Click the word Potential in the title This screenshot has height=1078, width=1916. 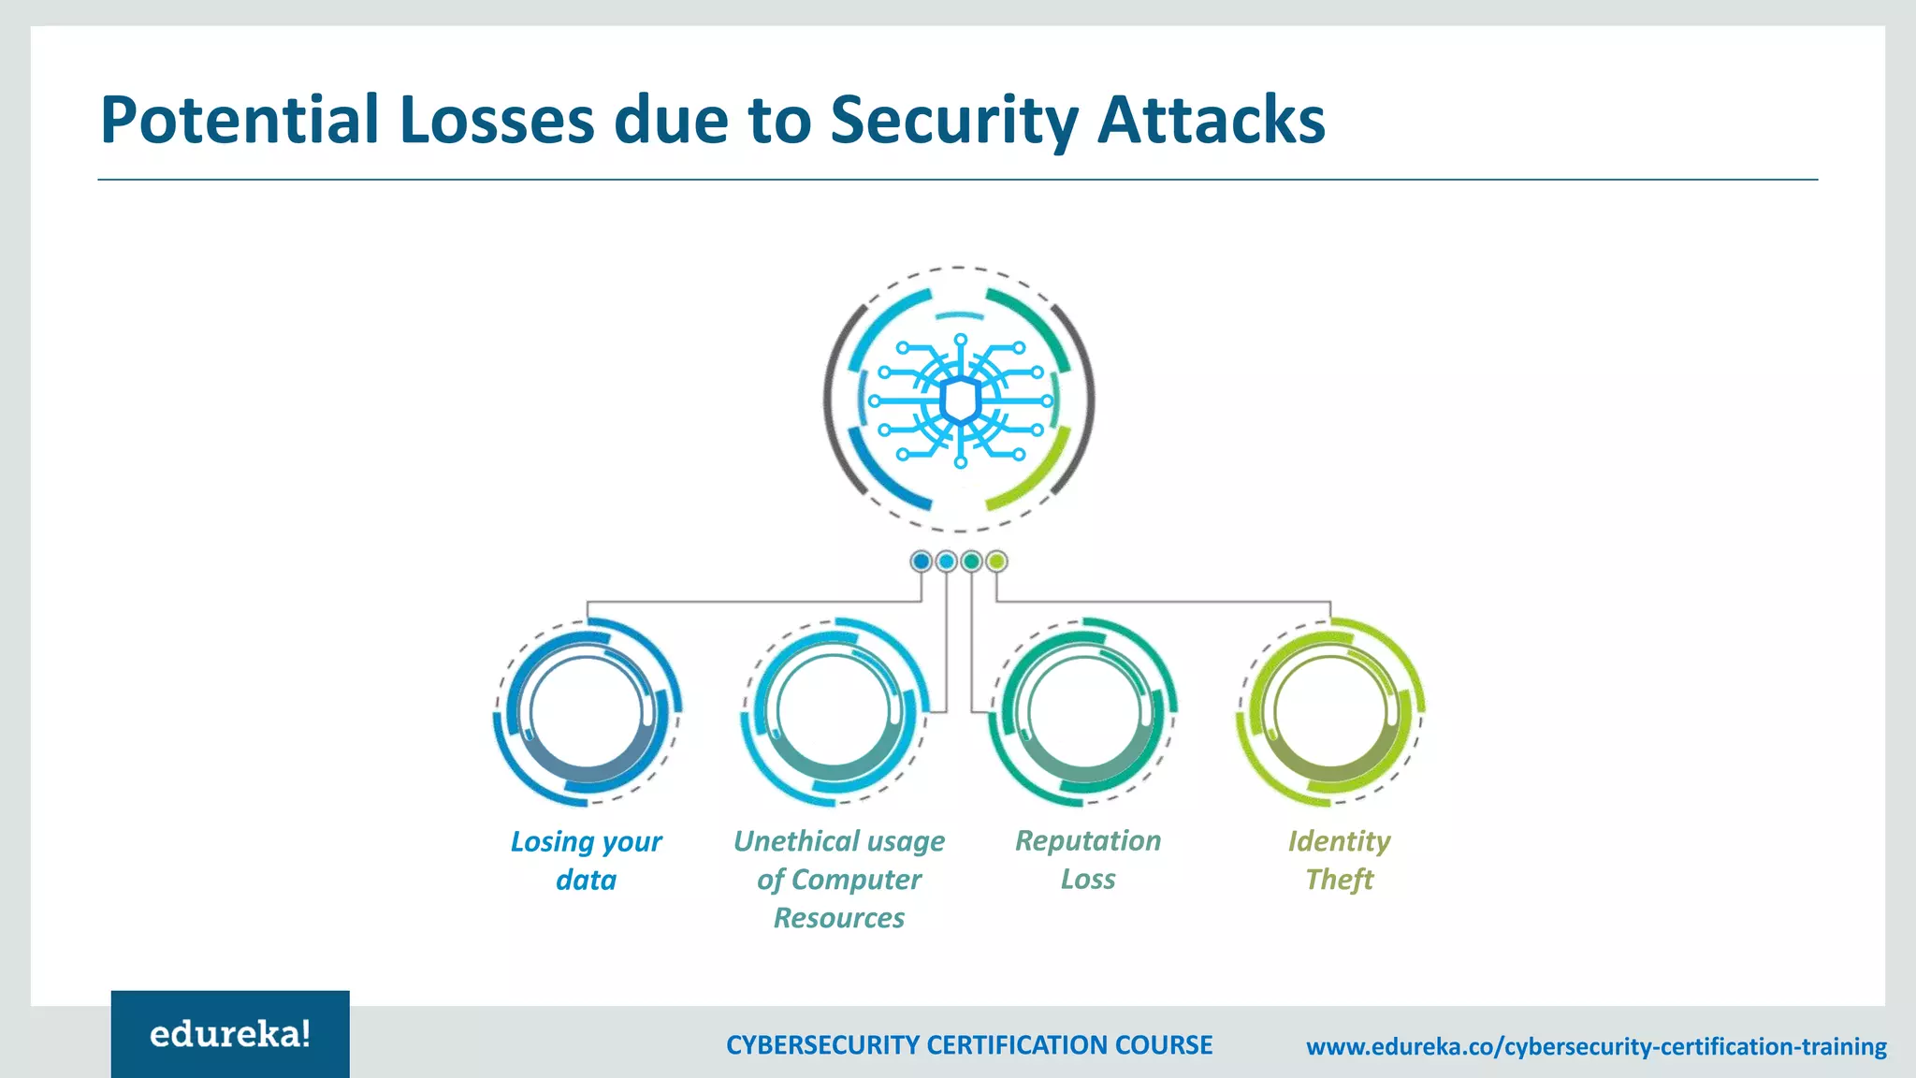[239, 120]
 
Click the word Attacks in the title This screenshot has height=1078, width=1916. [1211, 120]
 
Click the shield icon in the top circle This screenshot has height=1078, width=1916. [960, 401]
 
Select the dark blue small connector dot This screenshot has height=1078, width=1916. [922, 561]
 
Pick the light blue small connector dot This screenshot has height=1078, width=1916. [947, 561]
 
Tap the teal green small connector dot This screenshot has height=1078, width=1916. [972, 561]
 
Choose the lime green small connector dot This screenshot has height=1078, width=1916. [997, 561]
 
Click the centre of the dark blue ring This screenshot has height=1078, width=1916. [587, 711]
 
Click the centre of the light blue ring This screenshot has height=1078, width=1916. [835, 711]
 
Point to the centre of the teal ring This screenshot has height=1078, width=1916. [1083, 711]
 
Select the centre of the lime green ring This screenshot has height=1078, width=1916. [1331, 711]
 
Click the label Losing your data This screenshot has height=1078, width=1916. [586, 860]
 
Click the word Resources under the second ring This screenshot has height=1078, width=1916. [838, 918]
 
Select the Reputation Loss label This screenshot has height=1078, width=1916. [1088, 859]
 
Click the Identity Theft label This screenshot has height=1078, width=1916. [1339, 860]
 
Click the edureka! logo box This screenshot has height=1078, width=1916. [230, 1034]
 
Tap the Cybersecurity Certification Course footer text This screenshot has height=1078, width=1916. [969, 1045]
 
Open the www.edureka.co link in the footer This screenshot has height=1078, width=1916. [1596, 1046]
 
